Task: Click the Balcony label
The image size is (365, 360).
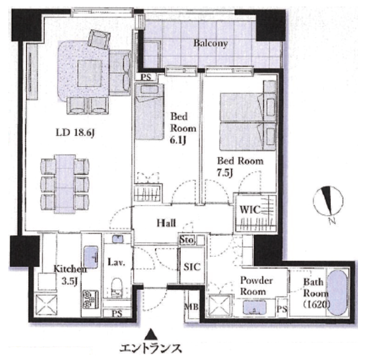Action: pyautogui.click(x=211, y=44)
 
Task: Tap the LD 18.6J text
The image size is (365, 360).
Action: pyautogui.click(x=75, y=133)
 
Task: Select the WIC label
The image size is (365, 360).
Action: pyautogui.click(x=250, y=210)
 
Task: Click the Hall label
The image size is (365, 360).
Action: pyautogui.click(x=166, y=223)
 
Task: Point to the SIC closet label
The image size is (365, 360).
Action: pyautogui.click(x=192, y=267)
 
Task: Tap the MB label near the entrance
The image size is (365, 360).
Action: pyautogui.click(x=191, y=307)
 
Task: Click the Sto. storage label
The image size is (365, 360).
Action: pyautogui.click(x=187, y=240)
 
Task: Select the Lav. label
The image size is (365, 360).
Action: pyautogui.click(x=117, y=262)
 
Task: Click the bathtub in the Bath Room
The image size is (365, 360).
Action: pyautogui.click(x=337, y=293)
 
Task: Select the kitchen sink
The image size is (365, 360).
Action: pyautogui.click(x=91, y=257)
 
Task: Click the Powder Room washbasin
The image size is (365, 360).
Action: pyautogui.click(x=255, y=308)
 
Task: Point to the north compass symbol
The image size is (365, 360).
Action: pyautogui.click(x=328, y=201)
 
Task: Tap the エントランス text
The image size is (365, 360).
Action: pyautogui.click(x=150, y=349)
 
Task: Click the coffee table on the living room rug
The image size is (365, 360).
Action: pyautogui.click(x=90, y=74)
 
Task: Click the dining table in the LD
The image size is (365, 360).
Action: pyautogui.click(x=65, y=184)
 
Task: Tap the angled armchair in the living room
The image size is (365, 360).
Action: pyautogui.click(x=99, y=39)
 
